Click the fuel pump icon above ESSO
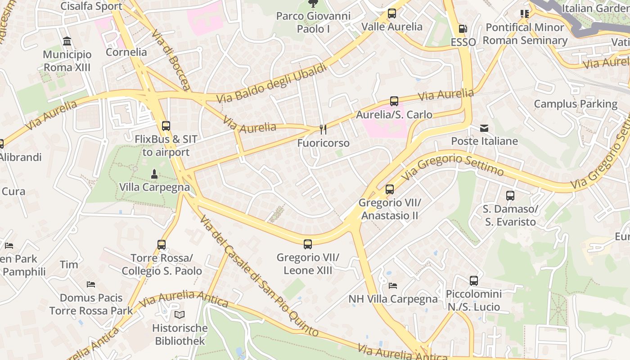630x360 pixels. pyautogui.click(x=463, y=29)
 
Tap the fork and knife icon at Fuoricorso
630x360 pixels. pyautogui.click(x=323, y=130)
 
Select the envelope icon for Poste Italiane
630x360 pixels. pyautogui.click(x=484, y=128)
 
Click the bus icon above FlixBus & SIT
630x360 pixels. pyautogui.click(x=166, y=126)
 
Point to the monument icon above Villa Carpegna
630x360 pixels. pyautogui.click(x=154, y=174)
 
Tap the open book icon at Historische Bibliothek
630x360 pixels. pyautogui.click(x=180, y=315)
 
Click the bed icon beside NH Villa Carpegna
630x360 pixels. pyautogui.click(x=393, y=286)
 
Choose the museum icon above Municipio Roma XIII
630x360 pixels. pyautogui.click(x=67, y=42)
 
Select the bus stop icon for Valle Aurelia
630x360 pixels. pyautogui.click(x=392, y=13)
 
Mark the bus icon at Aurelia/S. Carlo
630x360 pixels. pyautogui.click(x=394, y=101)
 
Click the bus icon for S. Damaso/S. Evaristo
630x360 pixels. pyautogui.click(x=510, y=196)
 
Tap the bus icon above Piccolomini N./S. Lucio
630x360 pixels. pyautogui.click(x=474, y=281)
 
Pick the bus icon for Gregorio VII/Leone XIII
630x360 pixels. pyautogui.click(x=308, y=244)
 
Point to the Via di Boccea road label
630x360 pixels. pyautogui.click(x=171, y=60)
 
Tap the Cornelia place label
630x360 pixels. pyautogui.click(x=126, y=52)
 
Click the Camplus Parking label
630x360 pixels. pyautogui.click(x=576, y=104)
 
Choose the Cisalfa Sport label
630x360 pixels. pyautogui.click(x=91, y=6)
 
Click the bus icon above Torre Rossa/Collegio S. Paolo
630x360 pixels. pyautogui.click(x=162, y=245)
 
